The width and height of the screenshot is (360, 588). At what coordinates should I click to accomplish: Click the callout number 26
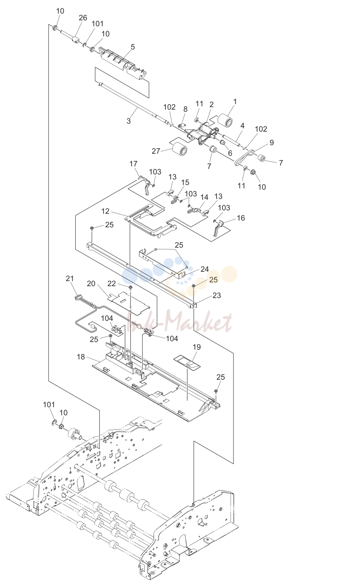83,18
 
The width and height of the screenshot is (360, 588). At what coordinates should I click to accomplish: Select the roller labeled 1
225,120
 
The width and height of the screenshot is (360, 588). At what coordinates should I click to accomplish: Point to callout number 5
133,47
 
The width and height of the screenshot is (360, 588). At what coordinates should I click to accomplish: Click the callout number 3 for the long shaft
129,121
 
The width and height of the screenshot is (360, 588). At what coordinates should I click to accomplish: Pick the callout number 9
272,143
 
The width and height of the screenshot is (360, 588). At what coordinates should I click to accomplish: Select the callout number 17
133,164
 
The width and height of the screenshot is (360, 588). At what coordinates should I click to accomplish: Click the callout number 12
105,211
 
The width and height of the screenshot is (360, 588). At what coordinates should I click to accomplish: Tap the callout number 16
241,218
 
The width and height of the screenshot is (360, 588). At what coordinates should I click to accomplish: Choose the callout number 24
205,269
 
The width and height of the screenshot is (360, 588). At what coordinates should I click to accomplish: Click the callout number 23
217,295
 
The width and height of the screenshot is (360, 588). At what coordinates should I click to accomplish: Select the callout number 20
91,284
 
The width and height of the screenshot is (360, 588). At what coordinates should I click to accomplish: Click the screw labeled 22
130,287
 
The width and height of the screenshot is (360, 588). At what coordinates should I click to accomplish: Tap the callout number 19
197,347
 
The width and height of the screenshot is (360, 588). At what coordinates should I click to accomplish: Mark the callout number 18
81,357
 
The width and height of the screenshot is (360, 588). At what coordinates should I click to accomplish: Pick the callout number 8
185,109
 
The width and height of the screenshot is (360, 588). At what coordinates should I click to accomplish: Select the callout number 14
204,197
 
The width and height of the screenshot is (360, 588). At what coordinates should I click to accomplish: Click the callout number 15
185,182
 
